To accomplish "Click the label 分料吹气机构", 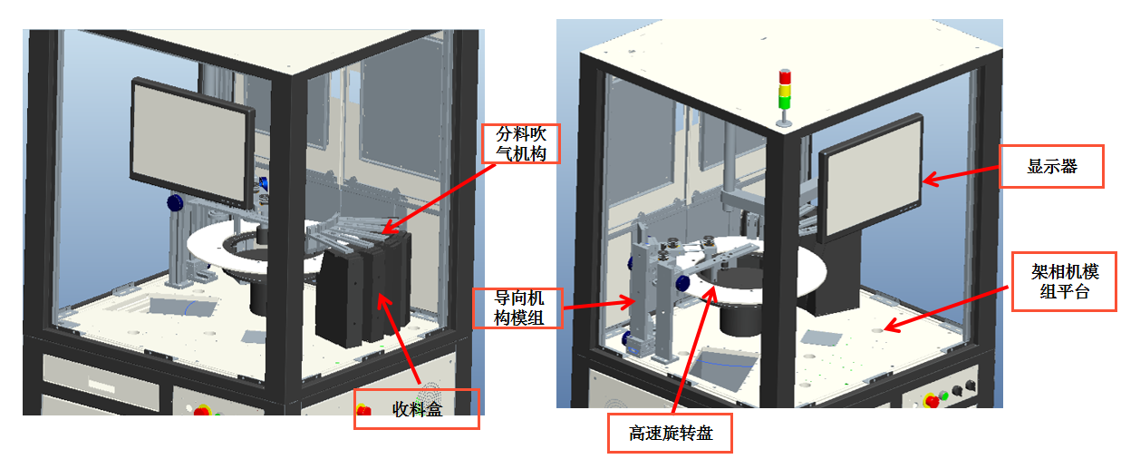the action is point(521,144).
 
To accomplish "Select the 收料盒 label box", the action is point(416,409).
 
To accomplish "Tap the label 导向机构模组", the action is point(518,308).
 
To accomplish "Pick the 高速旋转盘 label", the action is point(670,433).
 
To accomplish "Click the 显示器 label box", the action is point(1051,166).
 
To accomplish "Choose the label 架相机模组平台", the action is point(1065,281).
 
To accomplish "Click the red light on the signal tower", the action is point(785,77).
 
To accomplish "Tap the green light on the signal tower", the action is point(784,102).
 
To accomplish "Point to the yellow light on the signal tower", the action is point(785,90).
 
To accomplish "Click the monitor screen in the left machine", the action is point(190,142).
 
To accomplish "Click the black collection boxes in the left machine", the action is point(363,289).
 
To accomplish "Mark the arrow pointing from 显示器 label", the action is point(961,175).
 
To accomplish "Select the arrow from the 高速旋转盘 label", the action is point(694,350).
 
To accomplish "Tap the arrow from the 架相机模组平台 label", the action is point(946,308).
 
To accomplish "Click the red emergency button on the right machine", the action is point(932,400).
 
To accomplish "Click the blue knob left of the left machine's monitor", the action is point(175,203).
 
